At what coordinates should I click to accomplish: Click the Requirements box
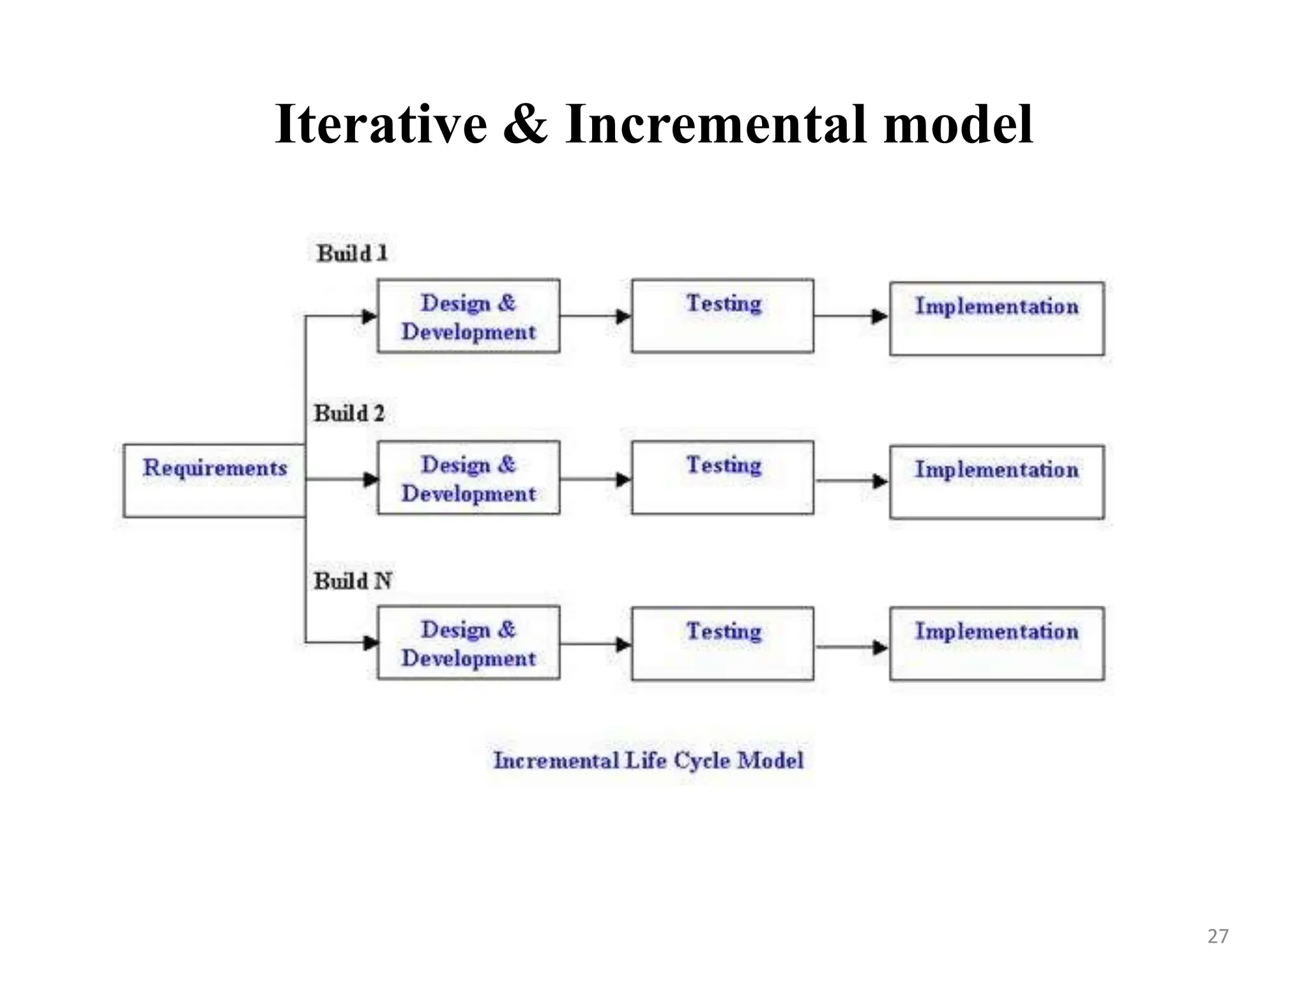[x=214, y=480]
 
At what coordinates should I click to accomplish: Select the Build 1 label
[x=352, y=254]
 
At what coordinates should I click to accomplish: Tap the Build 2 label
[x=349, y=413]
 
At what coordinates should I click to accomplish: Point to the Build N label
[x=352, y=581]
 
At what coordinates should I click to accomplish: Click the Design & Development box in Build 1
[x=468, y=316]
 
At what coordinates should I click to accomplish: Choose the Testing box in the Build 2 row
[x=722, y=478]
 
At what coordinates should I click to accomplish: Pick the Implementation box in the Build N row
[x=996, y=644]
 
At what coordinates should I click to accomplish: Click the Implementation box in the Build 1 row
[x=996, y=319]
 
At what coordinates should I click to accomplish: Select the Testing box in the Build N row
[x=722, y=644]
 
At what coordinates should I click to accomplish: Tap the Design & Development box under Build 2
[x=468, y=478]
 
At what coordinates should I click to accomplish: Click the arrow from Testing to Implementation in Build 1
[x=851, y=316]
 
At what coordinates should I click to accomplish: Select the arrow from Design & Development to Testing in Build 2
[x=595, y=479]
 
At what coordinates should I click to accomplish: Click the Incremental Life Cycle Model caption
[x=648, y=760]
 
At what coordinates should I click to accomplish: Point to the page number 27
[x=1217, y=936]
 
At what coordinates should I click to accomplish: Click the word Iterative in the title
[x=381, y=124]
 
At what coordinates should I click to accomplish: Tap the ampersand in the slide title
[x=525, y=124]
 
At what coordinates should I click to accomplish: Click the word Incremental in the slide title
[x=715, y=124]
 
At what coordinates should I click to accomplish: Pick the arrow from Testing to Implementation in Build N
[x=851, y=647]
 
